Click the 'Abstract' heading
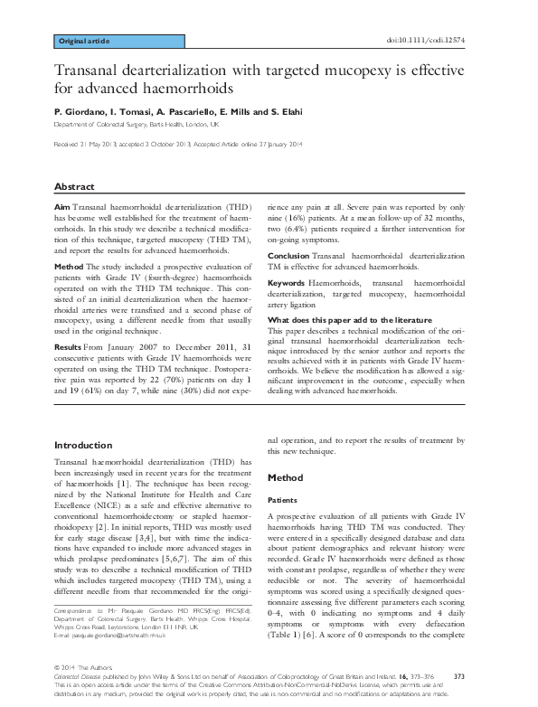(74, 185)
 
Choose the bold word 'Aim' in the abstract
(61, 208)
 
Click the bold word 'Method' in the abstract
(69, 268)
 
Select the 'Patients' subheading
(285, 499)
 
